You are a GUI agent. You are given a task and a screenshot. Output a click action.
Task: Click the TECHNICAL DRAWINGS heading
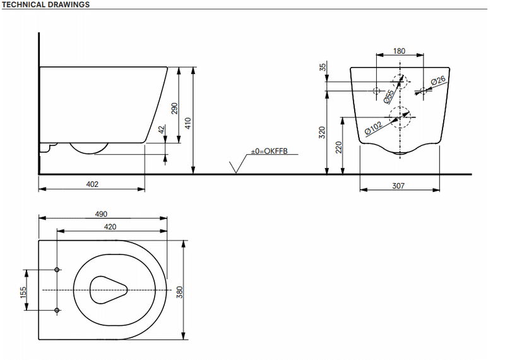(45, 4)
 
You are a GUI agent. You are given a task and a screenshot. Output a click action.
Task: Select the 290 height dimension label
(175, 108)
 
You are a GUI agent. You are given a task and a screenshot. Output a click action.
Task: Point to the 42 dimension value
(161, 129)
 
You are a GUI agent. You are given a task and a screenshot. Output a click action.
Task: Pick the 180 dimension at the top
(398, 51)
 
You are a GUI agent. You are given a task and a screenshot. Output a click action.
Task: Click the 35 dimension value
(323, 68)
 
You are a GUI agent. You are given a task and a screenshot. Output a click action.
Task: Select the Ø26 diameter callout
(438, 81)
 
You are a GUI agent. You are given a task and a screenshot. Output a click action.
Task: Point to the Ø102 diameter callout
(374, 128)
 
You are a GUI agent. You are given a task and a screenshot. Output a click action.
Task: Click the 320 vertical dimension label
(321, 132)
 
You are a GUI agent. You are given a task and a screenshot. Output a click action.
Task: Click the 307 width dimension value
(398, 185)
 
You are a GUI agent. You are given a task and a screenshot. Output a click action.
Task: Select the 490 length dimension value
(102, 213)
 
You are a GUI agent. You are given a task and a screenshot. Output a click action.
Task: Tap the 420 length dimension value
(110, 225)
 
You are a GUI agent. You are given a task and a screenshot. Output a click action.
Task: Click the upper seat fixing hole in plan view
(57, 270)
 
